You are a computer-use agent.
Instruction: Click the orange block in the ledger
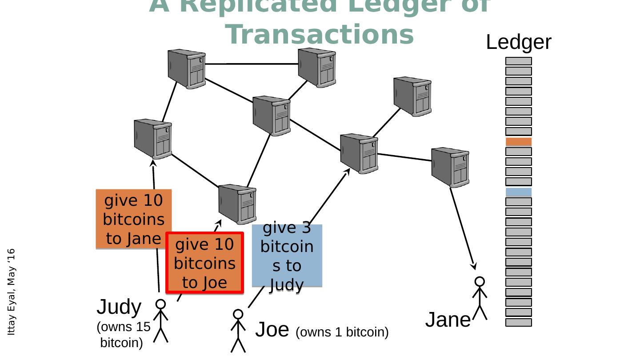tap(518, 142)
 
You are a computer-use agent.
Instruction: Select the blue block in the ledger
tap(518, 192)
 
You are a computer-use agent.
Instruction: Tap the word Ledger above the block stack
tap(518, 43)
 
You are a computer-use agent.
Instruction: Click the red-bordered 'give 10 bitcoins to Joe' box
tap(204, 263)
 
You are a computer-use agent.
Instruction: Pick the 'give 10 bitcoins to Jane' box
tap(133, 219)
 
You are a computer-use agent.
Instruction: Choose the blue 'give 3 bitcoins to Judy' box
tap(287, 256)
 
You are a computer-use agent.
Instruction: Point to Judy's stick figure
tap(160, 321)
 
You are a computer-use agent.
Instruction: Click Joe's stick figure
tap(238, 331)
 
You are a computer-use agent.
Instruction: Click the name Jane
tap(447, 320)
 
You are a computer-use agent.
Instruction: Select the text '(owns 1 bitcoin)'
tap(342, 332)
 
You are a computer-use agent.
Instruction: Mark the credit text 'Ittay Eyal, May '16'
tap(12, 292)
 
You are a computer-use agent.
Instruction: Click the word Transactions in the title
tap(319, 35)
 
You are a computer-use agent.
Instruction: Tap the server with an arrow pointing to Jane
tap(450, 167)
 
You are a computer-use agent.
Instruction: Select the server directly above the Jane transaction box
tap(153, 139)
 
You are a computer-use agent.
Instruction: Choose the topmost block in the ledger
tap(518, 61)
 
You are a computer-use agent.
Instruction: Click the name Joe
tap(272, 330)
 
